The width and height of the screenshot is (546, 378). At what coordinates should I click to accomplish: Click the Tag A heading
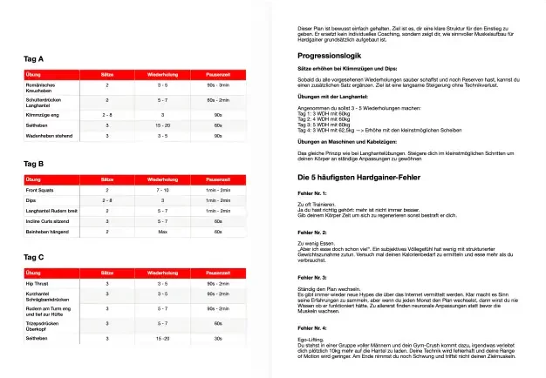(34, 58)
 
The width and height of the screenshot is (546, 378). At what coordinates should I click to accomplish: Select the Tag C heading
(34, 257)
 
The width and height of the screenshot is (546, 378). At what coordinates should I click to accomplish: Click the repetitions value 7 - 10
(162, 189)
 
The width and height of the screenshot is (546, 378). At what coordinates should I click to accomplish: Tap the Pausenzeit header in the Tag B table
(218, 179)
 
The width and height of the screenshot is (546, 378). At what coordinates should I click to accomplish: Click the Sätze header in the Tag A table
(107, 74)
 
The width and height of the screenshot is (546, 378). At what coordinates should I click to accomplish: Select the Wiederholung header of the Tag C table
(162, 273)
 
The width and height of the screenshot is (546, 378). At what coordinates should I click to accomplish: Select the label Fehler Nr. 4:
(311, 327)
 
